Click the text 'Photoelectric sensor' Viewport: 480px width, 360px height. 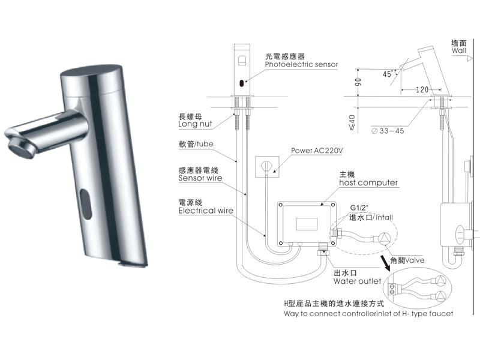[x=302, y=64]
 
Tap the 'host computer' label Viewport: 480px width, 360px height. [x=368, y=182]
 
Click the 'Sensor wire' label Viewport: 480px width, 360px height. [x=200, y=178]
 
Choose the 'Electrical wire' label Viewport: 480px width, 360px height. [x=206, y=211]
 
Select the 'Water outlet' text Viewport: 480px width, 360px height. [x=357, y=281]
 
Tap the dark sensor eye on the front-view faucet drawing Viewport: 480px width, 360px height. [x=242, y=82]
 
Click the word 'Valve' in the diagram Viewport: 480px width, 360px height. [x=415, y=260]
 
